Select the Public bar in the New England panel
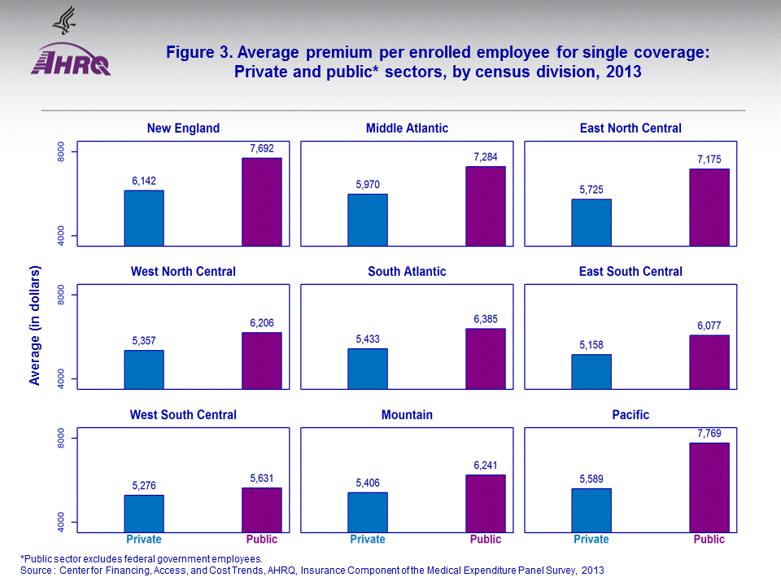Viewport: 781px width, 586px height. [x=262, y=202]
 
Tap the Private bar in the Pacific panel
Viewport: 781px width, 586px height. [x=591, y=510]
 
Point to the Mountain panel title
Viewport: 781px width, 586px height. [x=407, y=415]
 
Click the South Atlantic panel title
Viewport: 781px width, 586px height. [x=407, y=271]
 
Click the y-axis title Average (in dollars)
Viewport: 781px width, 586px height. [x=34, y=326]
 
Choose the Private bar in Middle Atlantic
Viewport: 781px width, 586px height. [x=368, y=220]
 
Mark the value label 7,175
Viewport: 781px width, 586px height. [x=709, y=156]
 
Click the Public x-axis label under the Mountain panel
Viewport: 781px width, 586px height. [x=486, y=540]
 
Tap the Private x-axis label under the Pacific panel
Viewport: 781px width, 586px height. [x=591, y=540]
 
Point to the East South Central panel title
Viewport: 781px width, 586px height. [x=630, y=271]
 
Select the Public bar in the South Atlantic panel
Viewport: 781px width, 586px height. [x=486, y=359]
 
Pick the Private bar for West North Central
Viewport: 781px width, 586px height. [x=144, y=370]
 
